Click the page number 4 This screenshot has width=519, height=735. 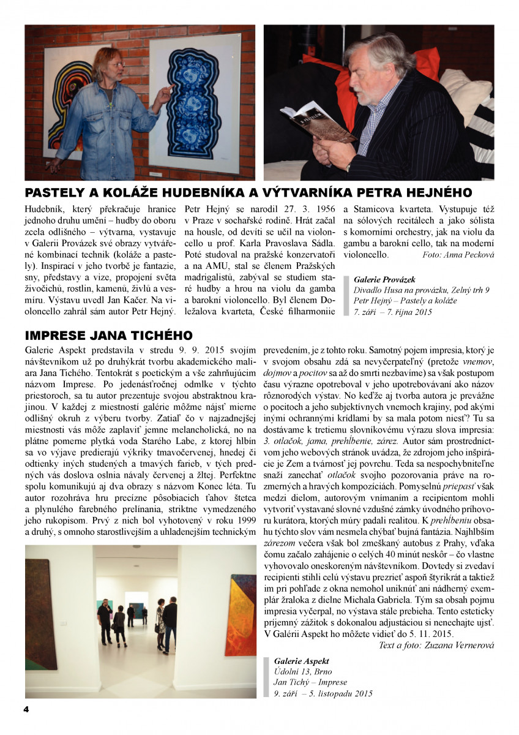click(26, 709)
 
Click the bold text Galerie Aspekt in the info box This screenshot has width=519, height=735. click(302, 661)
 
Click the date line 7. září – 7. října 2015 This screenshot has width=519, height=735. click(392, 312)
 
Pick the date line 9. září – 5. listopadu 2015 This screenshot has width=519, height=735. click(323, 694)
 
